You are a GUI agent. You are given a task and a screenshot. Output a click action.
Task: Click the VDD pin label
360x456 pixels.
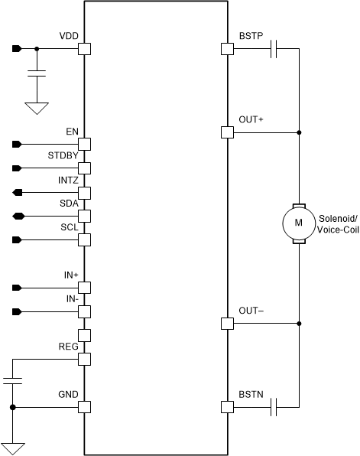point(68,37)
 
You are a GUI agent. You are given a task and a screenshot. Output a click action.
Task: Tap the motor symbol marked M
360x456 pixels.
point(298,223)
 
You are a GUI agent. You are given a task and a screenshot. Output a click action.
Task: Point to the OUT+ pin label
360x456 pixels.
point(251,119)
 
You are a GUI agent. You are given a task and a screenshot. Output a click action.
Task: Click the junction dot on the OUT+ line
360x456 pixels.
point(298,132)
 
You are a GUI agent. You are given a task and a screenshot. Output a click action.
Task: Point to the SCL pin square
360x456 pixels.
point(85,240)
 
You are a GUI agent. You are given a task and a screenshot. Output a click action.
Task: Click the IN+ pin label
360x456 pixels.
point(70,275)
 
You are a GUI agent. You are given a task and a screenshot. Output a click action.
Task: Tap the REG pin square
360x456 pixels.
point(85,359)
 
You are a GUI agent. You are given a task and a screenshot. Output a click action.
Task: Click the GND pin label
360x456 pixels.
point(68,394)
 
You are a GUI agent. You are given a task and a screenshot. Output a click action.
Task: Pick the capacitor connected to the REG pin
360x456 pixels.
point(12,380)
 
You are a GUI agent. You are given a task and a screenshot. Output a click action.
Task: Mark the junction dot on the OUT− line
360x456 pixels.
point(298,324)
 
